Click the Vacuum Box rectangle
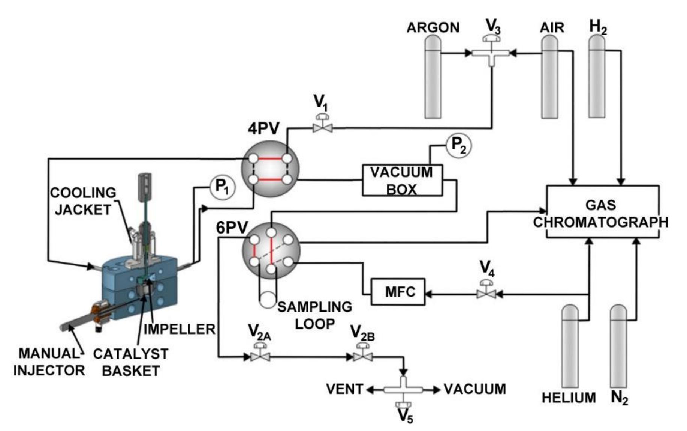click(x=402, y=180)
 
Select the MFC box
click(x=398, y=292)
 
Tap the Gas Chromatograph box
click(x=602, y=212)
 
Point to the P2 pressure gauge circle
click(x=459, y=145)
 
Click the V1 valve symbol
click(x=322, y=127)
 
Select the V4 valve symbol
click(x=486, y=292)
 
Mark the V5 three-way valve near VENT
click(x=403, y=391)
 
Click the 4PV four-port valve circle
click(x=270, y=169)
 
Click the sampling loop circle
click(x=268, y=300)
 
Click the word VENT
click(x=344, y=389)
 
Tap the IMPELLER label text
click(x=180, y=329)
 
